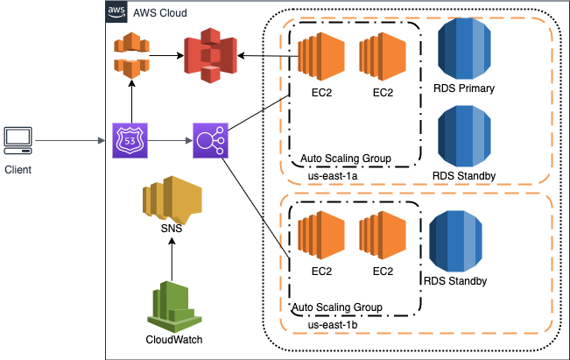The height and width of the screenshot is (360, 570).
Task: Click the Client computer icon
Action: click(18, 139)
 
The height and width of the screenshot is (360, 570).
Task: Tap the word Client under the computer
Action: click(18, 169)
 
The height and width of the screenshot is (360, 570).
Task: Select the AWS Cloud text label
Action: click(159, 13)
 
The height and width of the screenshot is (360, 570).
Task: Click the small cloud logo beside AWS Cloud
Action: click(116, 12)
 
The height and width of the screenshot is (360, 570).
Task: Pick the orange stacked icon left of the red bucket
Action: click(130, 55)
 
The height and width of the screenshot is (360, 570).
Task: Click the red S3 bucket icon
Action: click(210, 55)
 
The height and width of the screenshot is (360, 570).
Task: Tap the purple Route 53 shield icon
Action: click(130, 140)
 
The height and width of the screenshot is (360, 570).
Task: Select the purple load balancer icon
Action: click(210, 140)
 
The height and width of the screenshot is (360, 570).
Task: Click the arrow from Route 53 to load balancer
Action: click(171, 140)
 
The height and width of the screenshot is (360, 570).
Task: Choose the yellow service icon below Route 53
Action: click(172, 200)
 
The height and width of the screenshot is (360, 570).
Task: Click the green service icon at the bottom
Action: click(174, 307)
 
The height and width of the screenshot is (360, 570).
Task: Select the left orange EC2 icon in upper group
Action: click(321, 56)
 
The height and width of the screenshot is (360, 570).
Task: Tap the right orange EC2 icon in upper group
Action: click(383, 56)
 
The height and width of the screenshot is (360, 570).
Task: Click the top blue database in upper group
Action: click(464, 49)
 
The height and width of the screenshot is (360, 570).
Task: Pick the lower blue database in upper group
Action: click(464, 136)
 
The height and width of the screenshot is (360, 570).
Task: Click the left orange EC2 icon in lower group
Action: click(321, 235)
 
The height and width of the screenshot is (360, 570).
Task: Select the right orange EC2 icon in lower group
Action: click(383, 235)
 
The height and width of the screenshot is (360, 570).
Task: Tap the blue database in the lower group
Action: click(455, 241)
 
